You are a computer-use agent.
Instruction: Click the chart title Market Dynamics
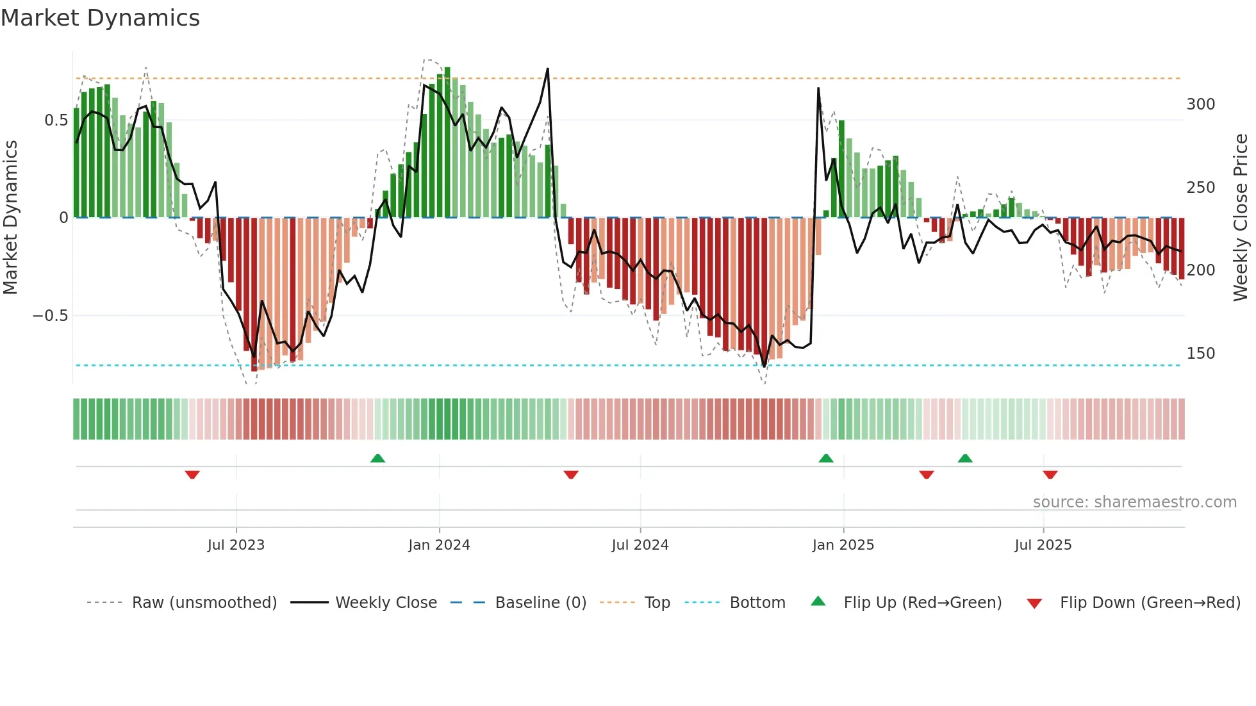pos(101,18)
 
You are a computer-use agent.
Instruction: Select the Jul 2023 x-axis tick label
pos(236,545)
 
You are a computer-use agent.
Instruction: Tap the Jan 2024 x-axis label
pos(439,545)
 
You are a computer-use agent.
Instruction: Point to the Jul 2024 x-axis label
pos(640,545)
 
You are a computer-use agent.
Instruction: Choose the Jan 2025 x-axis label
pos(843,545)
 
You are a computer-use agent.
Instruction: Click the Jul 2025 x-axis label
pos(1043,545)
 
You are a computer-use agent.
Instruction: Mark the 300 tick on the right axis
pos(1200,104)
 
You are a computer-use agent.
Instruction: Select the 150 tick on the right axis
pos(1200,354)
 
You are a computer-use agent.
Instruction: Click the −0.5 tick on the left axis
pos(51,316)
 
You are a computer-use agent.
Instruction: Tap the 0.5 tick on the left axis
pos(56,120)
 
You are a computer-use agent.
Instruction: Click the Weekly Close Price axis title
pos(1241,218)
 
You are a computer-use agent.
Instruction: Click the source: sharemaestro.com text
pos(1134,502)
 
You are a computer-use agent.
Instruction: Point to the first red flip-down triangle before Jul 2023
pos(192,475)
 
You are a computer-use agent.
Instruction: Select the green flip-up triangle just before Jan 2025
pos(826,458)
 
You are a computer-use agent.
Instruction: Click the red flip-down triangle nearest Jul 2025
pos(1050,475)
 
